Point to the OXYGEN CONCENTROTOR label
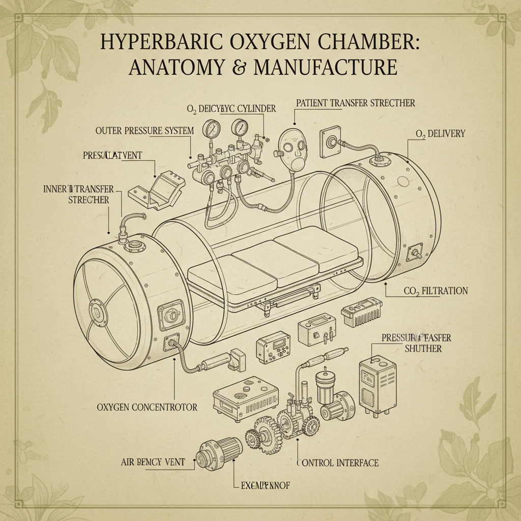[x=147, y=408]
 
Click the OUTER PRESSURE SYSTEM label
[x=144, y=131]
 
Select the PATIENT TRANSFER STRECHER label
[x=355, y=103]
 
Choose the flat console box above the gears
[x=245, y=399]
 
